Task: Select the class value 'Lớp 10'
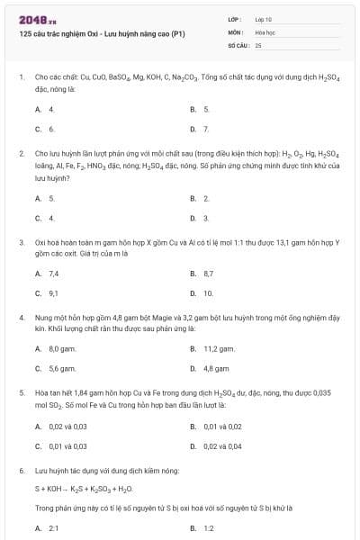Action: pos(264,18)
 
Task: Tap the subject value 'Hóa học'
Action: pos(265,31)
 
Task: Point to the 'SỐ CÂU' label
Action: pos(238,44)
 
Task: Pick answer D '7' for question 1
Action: pos(206,129)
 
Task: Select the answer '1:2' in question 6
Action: pos(208,528)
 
